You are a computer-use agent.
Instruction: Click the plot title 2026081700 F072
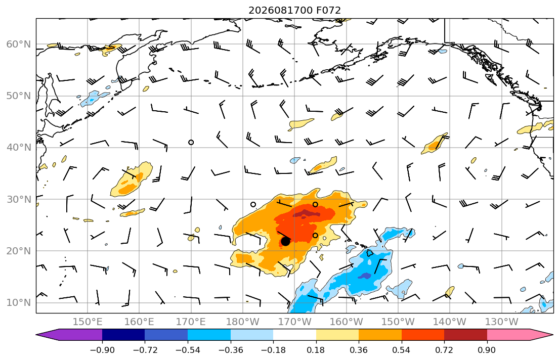(294, 10)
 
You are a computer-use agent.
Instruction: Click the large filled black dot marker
(285, 241)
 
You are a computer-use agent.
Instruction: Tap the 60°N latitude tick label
(19, 44)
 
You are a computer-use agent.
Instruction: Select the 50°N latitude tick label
(19, 96)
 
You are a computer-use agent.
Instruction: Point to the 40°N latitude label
(19, 148)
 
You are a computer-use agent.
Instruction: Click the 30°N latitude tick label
(19, 199)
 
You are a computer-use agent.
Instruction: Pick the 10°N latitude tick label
(19, 303)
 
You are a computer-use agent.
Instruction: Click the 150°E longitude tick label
(88, 322)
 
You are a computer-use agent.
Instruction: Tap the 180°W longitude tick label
(243, 322)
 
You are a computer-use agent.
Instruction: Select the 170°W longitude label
(294, 322)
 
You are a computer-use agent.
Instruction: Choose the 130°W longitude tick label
(502, 322)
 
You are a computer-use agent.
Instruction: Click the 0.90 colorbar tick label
(487, 350)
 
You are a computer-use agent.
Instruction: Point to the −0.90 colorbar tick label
(102, 350)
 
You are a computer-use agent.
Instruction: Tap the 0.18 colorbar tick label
(316, 350)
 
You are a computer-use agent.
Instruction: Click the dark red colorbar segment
(465, 335)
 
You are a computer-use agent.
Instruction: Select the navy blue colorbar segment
(123, 335)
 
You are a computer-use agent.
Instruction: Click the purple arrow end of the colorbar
(69, 335)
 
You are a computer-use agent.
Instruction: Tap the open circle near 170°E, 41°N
(191, 142)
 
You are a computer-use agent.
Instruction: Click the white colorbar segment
(294, 335)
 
